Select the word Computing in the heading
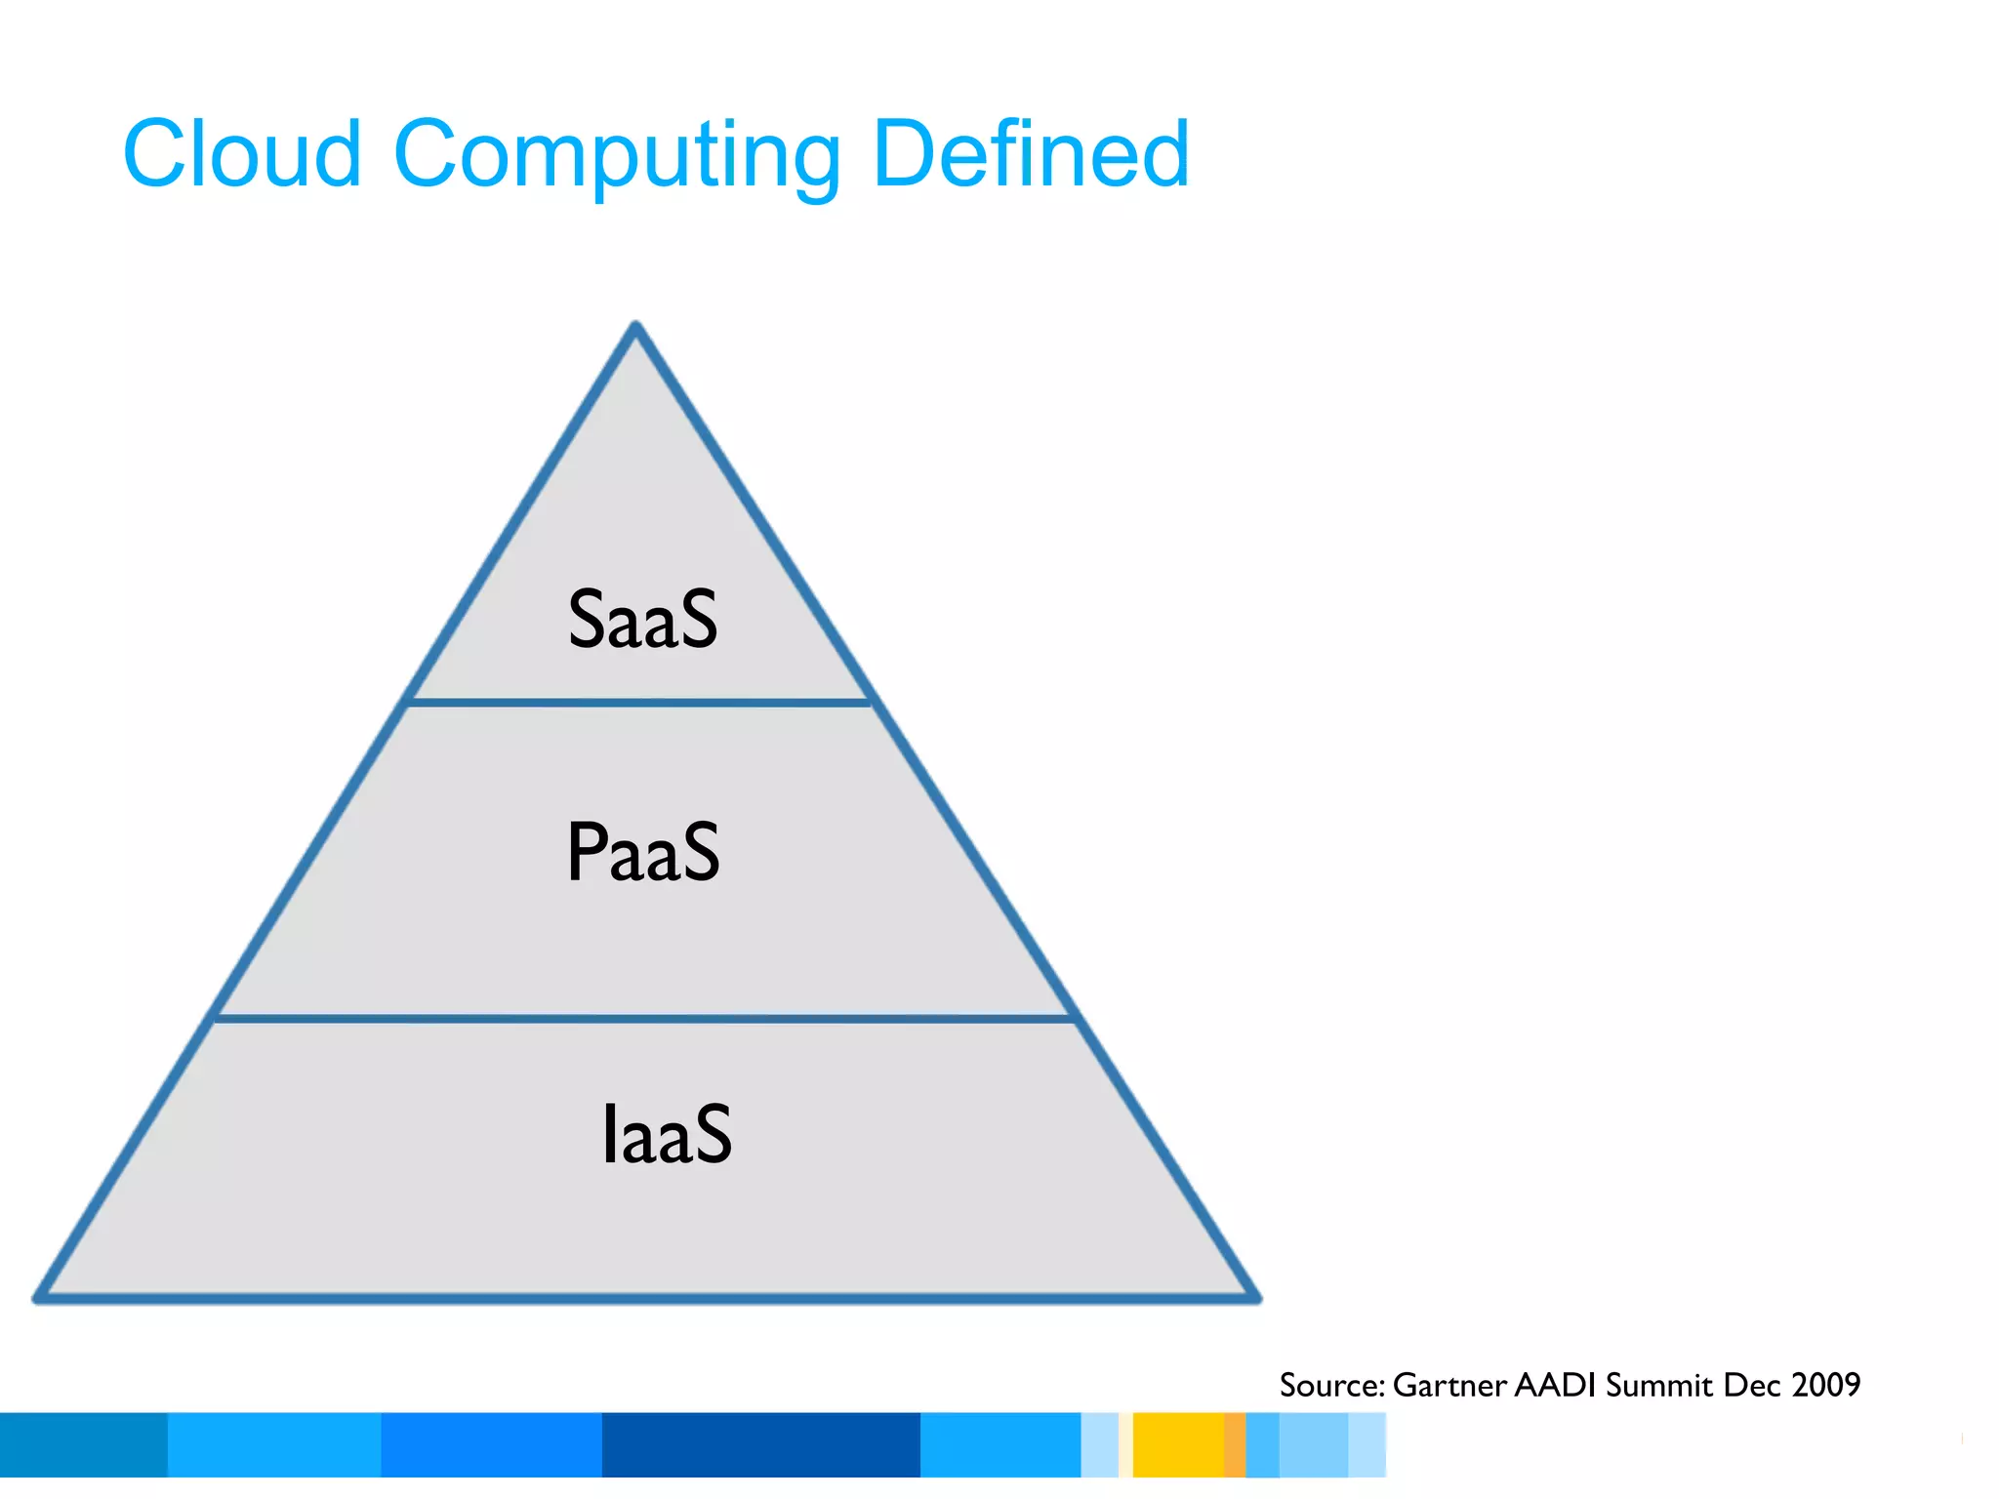click(616, 156)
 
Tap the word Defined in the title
click(1031, 154)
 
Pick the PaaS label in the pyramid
click(643, 852)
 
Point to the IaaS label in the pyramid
click(667, 1134)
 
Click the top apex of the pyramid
click(635, 328)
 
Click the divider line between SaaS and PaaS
click(639, 702)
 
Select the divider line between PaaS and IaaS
click(644, 1019)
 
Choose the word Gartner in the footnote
click(1449, 1385)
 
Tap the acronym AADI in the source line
click(1556, 1385)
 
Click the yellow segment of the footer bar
click(1178, 1444)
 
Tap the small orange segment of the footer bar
click(1235, 1444)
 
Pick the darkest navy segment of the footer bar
click(760, 1444)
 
